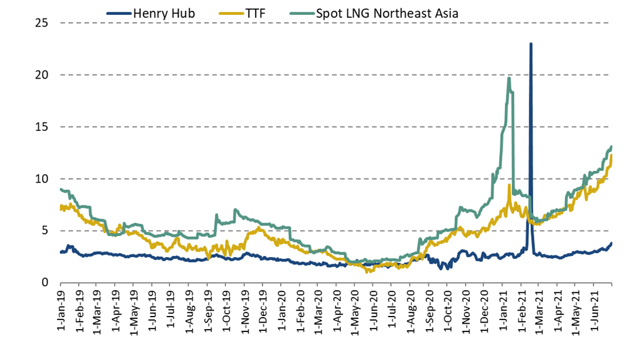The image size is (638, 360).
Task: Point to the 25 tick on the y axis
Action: click(x=42, y=23)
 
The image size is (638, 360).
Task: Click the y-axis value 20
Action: click(x=42, y=75)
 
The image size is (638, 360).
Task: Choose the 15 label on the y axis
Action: click(x=42, y=127)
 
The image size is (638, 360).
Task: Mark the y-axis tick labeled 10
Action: click(x=42, y=179)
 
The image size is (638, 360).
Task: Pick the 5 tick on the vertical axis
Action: click(x=46, y=230)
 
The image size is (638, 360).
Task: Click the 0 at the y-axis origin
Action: click(x=46, y=282)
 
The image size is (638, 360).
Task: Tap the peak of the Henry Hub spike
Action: click(x=530, y=44)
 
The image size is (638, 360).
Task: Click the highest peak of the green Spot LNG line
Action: click(x=509, y=78)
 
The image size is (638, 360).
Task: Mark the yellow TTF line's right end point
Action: click(x=611, y=155)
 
